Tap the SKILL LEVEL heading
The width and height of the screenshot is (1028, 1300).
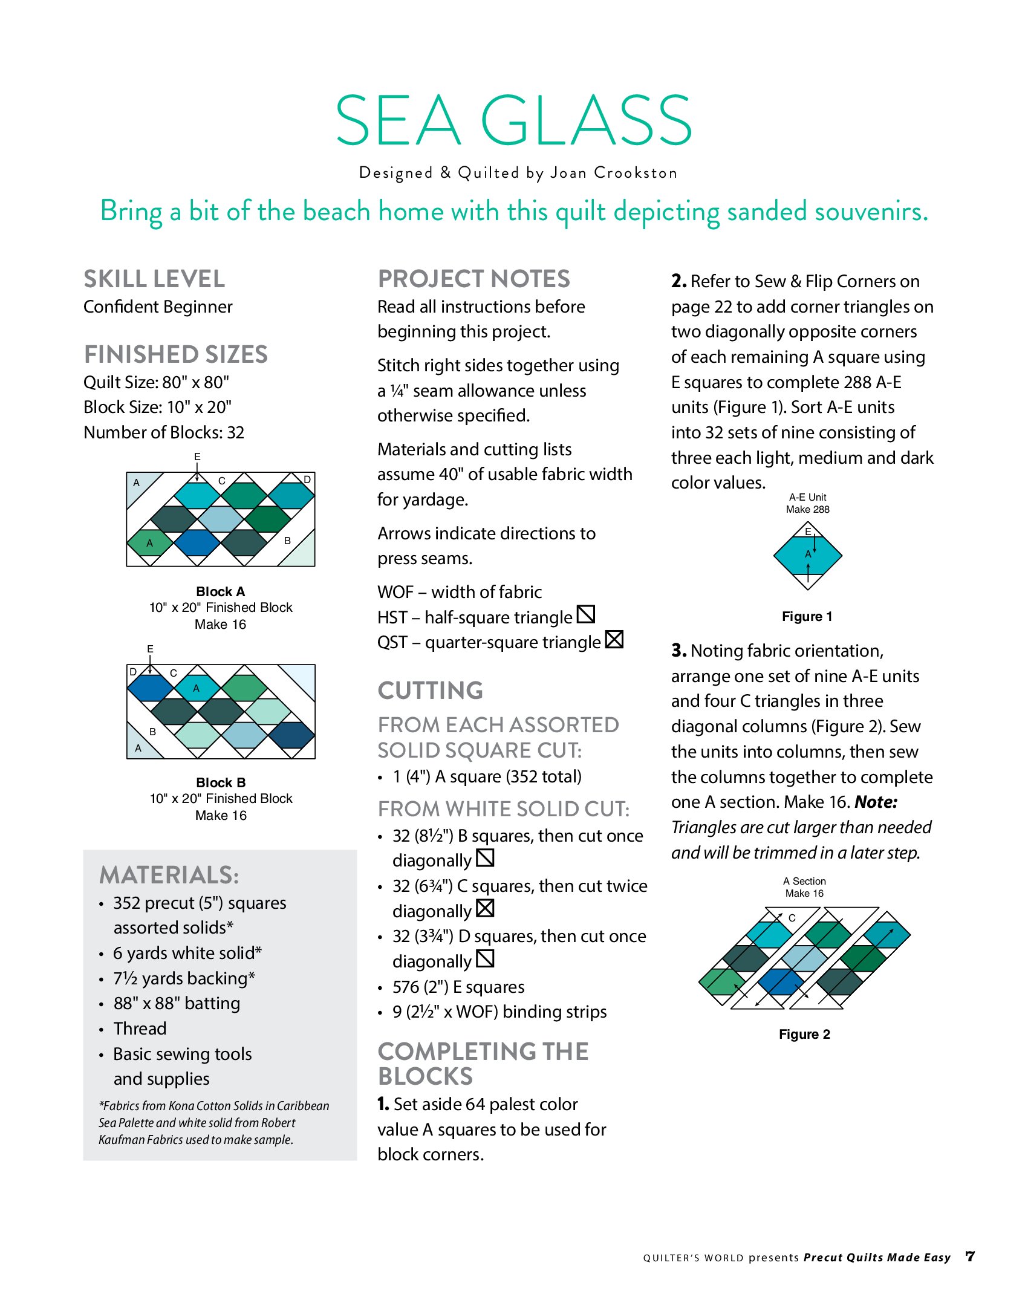(154, 279)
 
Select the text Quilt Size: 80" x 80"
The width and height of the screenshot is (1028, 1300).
(157, 382)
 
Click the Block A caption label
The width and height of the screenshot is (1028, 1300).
(220, 591)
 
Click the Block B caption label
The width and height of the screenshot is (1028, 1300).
(221, 782)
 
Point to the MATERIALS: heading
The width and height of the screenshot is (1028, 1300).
(169, 875)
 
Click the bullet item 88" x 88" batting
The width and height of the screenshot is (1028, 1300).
(177, 1003)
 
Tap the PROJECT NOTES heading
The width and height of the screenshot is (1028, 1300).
(473, 279)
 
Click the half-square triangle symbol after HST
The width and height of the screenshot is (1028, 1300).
(586, 614)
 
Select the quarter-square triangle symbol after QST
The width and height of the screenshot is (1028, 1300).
(614, 639)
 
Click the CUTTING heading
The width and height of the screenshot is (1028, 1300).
(430, 690)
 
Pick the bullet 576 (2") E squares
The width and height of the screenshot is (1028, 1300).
(458, 987)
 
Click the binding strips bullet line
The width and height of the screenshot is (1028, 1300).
(499, 1012)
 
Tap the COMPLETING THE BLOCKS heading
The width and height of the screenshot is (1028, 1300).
(483, 1064)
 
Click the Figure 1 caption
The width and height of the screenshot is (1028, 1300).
(807, 616)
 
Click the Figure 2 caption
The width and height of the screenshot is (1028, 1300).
(804, 1034)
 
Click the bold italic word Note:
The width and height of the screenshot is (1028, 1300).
(876, 802)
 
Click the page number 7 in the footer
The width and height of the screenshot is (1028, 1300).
(970, 1256)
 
